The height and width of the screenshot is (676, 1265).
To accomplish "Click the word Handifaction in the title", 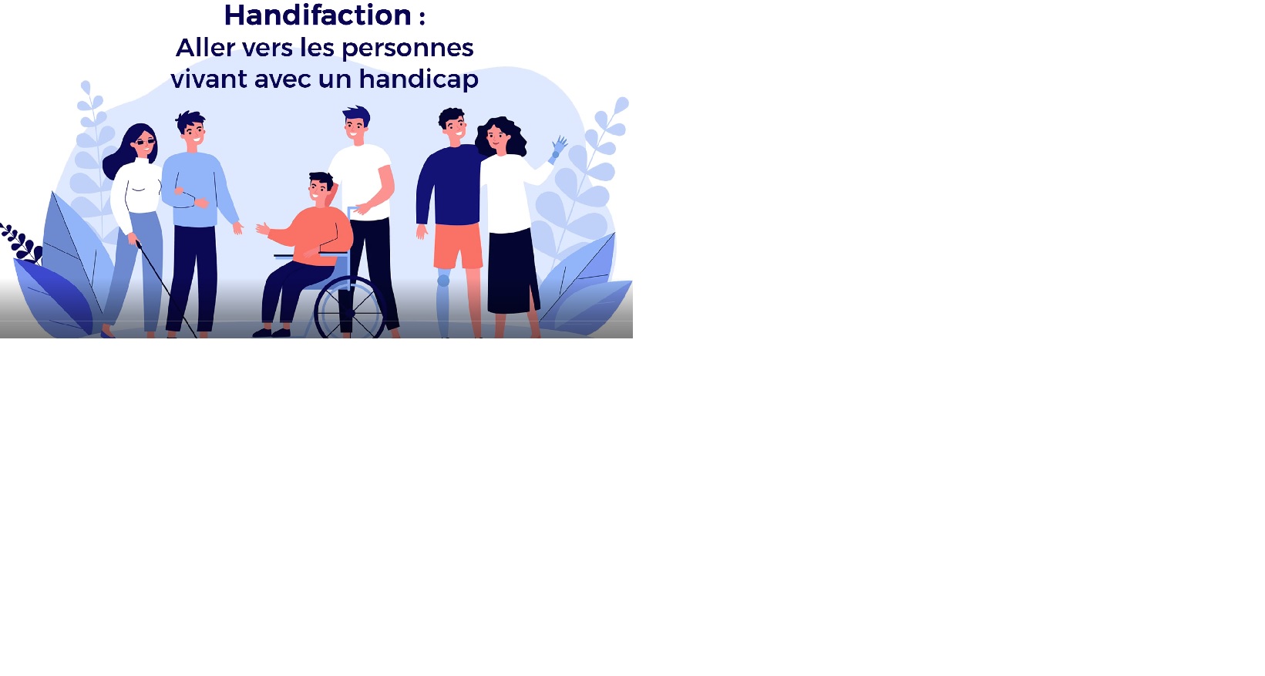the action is pos(318,15).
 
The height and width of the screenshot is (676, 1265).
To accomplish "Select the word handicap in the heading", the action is pos(419,79).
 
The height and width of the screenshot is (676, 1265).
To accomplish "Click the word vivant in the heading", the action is pos(209,79).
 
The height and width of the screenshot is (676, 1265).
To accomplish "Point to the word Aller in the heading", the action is pos(205,48).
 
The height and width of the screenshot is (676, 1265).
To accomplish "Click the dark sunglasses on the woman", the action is pos(145,142).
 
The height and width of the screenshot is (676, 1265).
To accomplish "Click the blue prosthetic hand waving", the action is pos(558,149).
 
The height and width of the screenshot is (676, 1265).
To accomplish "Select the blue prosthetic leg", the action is pos(444,303).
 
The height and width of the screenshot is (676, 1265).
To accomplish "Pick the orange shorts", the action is pos(458,246).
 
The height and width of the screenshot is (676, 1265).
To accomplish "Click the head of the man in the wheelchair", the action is pos(320,189).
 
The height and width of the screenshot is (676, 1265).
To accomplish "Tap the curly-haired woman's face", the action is pos(497,139).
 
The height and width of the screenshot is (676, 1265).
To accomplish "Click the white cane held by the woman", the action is pos(167,290).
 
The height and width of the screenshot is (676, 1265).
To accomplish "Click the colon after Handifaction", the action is pos(422,17).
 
